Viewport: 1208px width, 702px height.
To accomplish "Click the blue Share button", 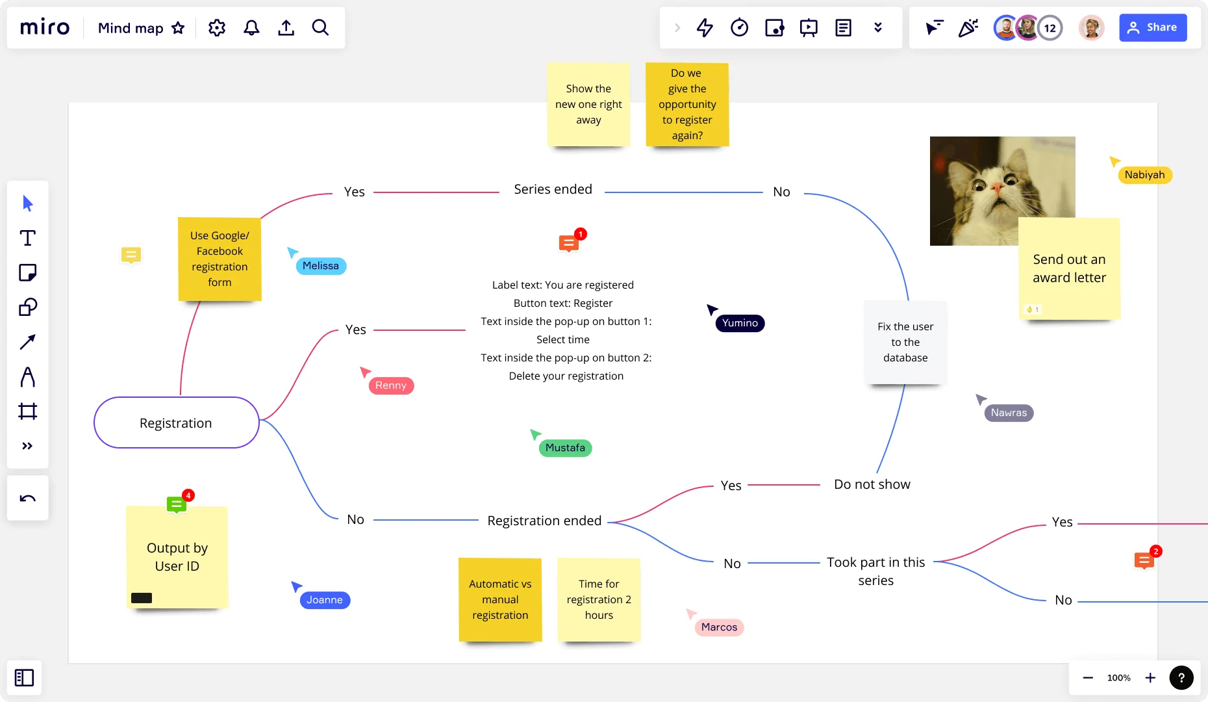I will tap(1153, 27).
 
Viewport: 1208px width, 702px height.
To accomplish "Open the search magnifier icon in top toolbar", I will tap(320, 27).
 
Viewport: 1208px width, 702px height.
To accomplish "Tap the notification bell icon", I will tap(251, 27).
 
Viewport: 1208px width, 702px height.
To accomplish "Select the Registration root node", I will tap(176, 423).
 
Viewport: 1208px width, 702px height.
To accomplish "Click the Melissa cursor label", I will tap(321, 266).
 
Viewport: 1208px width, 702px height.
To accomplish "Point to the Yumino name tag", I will tap(740, 323).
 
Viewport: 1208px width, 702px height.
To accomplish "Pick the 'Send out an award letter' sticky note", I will tap(1069, 268).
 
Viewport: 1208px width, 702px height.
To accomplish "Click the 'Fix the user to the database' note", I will tap(905, 342).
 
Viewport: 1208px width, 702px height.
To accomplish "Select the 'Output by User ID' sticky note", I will tap(177, 557).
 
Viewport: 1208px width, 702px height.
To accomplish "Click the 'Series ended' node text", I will tap(553, 189).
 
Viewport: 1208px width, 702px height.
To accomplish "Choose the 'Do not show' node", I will tap(872, 484).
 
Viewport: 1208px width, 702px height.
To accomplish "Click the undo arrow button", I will tap(27, 499).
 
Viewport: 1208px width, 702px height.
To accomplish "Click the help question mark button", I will tap(1181, 677).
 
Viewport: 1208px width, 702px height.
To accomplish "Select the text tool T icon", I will tap(27, 238).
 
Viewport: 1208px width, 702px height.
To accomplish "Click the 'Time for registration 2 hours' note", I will tap(599, 599).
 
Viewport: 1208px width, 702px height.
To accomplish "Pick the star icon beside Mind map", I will tap(178, 27).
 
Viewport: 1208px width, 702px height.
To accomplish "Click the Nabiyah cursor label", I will tap(1144, 175).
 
